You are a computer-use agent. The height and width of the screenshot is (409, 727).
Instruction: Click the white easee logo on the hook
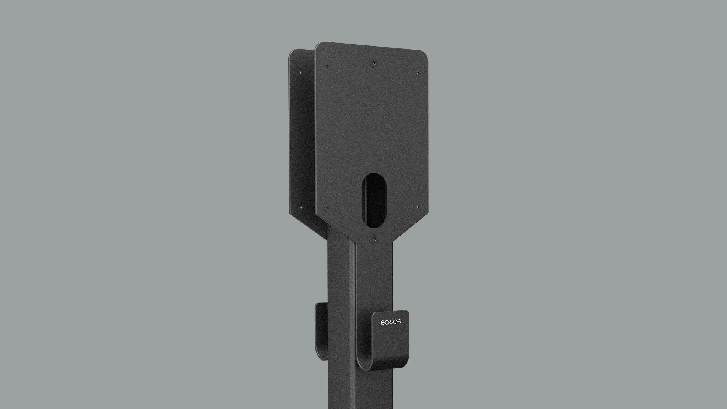(x=391, y=322)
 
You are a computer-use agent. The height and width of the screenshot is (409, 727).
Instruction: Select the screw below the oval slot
(x=374, y=239)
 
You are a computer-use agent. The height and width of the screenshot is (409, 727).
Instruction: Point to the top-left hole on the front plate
(x=327, y=66)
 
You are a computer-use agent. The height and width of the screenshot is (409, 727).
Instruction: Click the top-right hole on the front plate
(x=418, y=73)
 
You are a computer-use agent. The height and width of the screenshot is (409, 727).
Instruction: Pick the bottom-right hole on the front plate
(x=418, y=208)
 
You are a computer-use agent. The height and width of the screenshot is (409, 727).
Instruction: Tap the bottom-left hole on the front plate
(x=328, y=208)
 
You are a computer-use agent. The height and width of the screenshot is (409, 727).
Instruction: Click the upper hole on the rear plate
(x=301, y=72)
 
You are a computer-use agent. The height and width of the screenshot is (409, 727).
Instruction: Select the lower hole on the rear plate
(x=301, y=207)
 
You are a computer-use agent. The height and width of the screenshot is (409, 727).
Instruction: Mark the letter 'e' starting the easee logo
(x=382, y=322)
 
